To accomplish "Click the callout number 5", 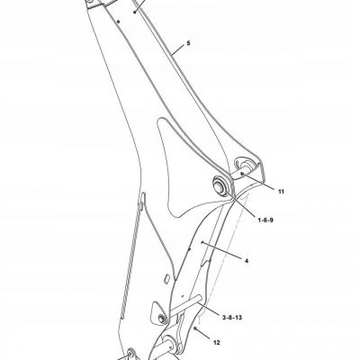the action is click(x=188, y=43).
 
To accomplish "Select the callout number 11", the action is click(x=281, y=192).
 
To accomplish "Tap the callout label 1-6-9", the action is click(x=265, y=220).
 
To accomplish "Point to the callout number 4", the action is click(x=247, y=261).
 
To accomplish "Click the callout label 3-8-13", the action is click(x=232, y=317).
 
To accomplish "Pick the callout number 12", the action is click(x=217, y=342).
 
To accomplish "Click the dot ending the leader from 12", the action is click(x=195, y=328).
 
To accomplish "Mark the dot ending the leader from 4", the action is click(x=202, y=242).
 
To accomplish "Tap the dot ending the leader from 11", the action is click(x=242, y=173).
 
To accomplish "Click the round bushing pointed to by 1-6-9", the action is click(x=220, y=185).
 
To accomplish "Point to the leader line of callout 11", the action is click(x=259, y=181).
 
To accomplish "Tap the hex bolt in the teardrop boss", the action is click(x=161, y=319).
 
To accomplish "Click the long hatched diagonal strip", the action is click(x=131, y=258).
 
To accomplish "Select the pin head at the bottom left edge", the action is click(x=130, y=352).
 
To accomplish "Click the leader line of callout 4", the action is click(x=222, y=250).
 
